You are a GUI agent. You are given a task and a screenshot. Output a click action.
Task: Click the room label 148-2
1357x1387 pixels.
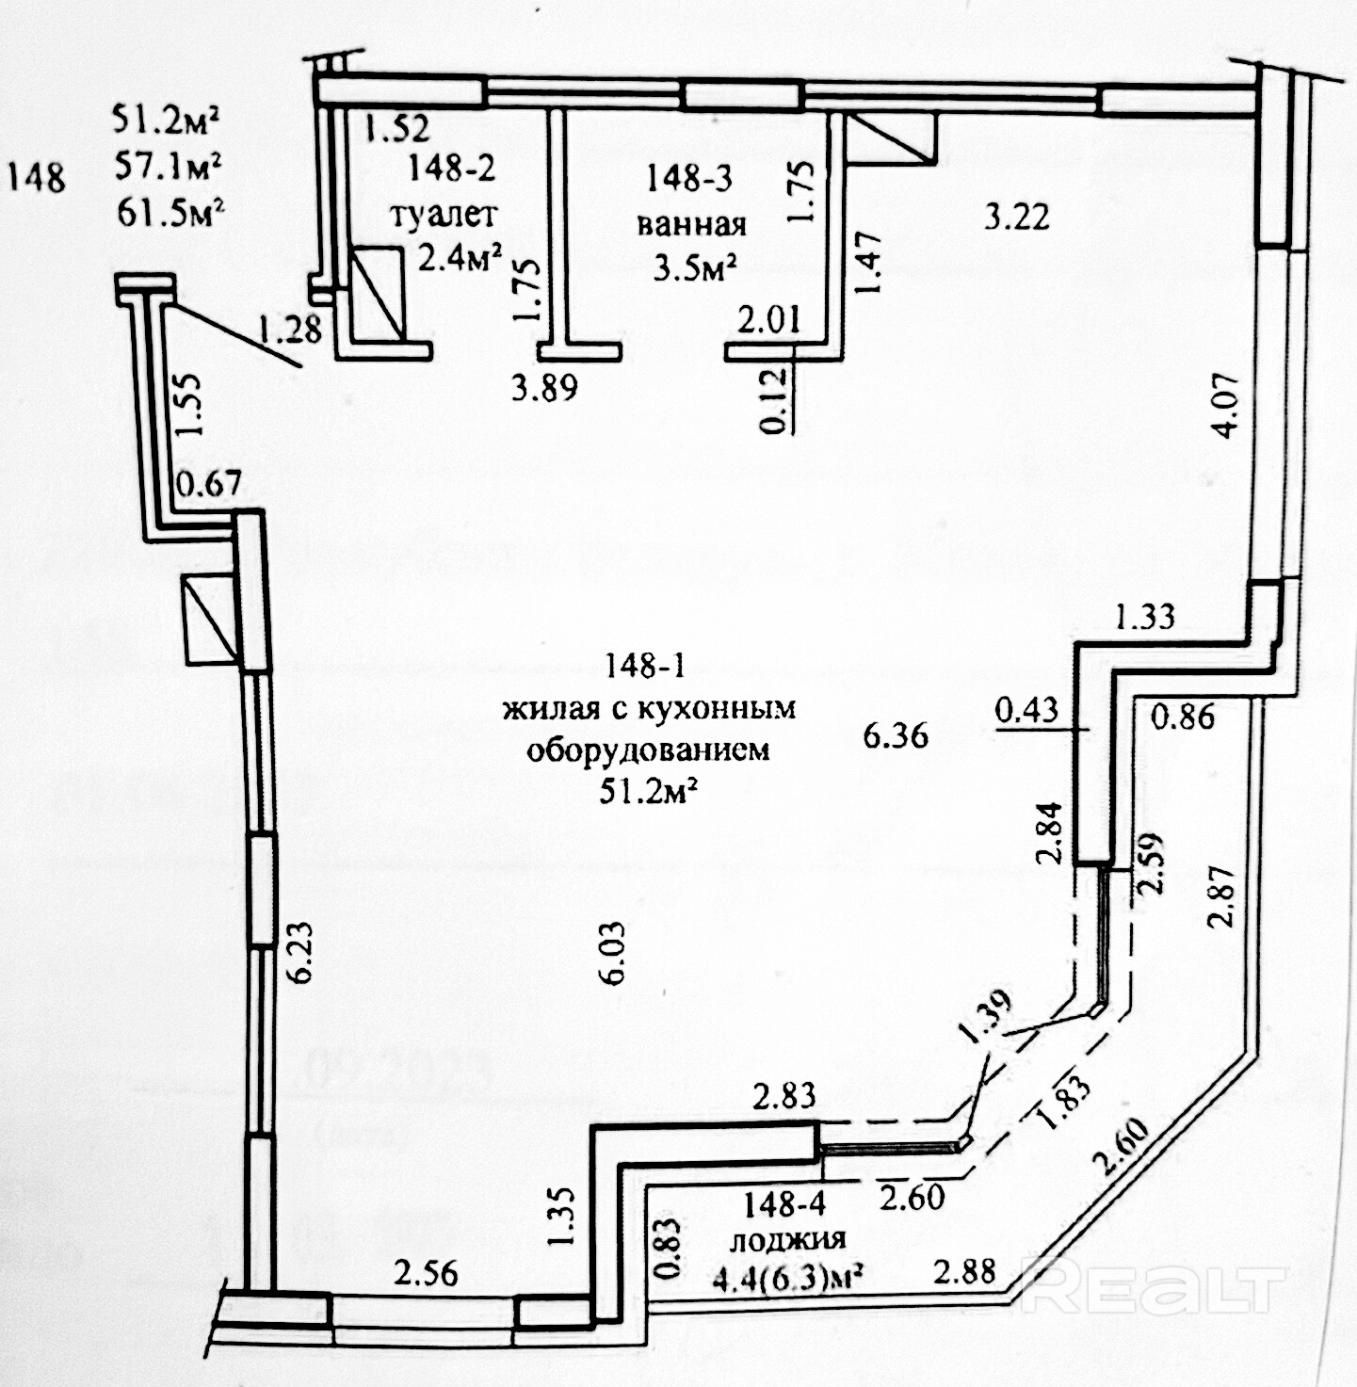pyautogui.click(x=451, y=169)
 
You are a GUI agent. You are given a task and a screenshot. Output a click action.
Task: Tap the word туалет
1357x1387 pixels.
pyautogui.click(x=443, y=215)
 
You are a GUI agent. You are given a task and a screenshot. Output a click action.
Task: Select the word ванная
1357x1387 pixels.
pyautogui.click(x=692, y=224)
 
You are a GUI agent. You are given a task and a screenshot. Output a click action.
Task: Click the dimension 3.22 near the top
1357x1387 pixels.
pyautogui.click(x=1017, y=218)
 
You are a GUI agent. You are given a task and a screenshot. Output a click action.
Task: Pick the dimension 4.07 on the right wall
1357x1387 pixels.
pyautogui.click(x=1228, y=406)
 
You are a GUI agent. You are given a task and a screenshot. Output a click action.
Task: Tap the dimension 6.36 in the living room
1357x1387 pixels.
pyautogui.click(x=896, y=734)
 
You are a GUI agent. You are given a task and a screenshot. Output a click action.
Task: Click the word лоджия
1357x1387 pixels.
pyautogui.click(x=787, y=1239)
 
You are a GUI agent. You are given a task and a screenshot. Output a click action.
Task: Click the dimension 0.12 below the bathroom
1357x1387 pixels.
pyautogui.click(x=773, y=400)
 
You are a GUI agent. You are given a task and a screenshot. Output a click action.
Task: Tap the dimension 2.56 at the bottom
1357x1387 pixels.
pyautogui.click(x=426, y=1273)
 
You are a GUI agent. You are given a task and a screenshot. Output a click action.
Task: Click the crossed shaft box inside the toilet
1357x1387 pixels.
pyautogui.click(x=378, y=294)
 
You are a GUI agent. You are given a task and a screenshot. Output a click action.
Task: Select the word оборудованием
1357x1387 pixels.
pyautogui.click(x=648, y=750)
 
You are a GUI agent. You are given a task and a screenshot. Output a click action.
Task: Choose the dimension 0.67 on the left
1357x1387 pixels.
pyautogui.click(x=209, y=484)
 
